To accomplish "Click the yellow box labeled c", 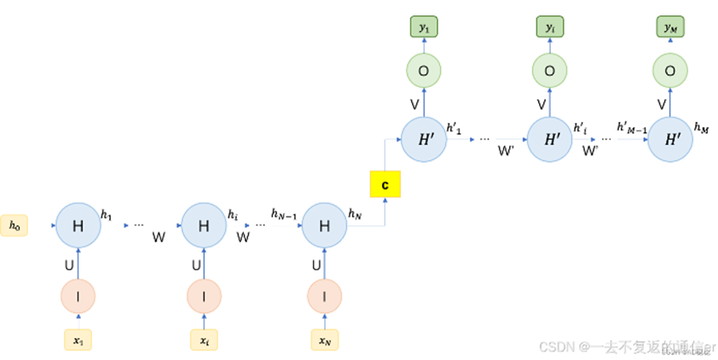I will pos(385,183).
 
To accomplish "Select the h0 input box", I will pos(14,225).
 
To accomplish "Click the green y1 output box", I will pos(424,28).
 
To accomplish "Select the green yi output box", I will pos(550,28).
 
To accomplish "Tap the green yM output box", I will pos(670,28).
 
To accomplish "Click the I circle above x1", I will pos(78,296).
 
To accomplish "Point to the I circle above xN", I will pos(325,296).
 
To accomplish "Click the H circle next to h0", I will pos(78,226).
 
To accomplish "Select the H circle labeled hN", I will pos(325,226).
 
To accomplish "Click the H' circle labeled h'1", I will pos(424,138).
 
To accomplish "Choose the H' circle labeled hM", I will pos(670,138).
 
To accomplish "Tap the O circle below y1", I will pos(424,69).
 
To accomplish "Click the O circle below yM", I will pos(670,69).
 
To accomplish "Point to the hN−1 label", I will pos(283,213).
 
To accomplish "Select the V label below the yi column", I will pos(541,104).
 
